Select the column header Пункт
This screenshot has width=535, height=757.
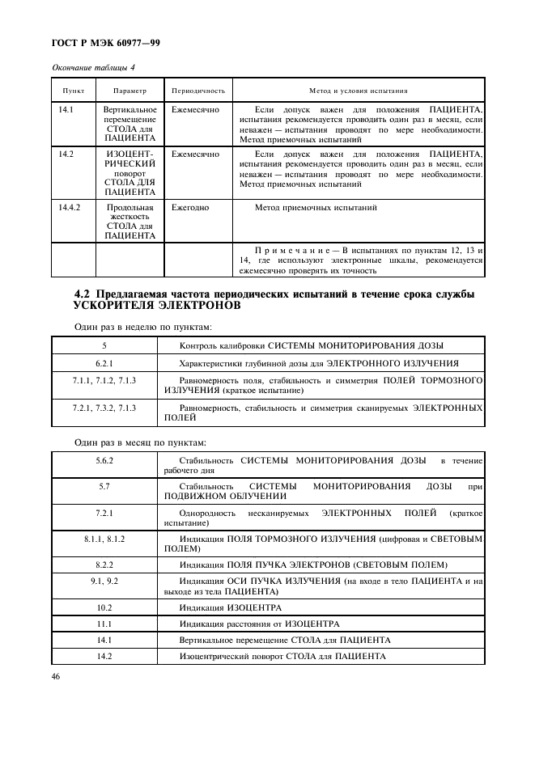73,91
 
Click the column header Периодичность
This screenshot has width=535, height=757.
197,91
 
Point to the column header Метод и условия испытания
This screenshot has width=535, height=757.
358,91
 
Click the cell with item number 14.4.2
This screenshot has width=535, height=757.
70,208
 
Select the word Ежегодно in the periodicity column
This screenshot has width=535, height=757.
189,208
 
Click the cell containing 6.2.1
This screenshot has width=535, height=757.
104,364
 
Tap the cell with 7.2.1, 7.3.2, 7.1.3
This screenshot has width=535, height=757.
104,408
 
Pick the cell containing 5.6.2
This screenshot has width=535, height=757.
104,460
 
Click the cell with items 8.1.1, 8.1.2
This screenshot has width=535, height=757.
104,538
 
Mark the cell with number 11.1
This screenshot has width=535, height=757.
104,624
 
